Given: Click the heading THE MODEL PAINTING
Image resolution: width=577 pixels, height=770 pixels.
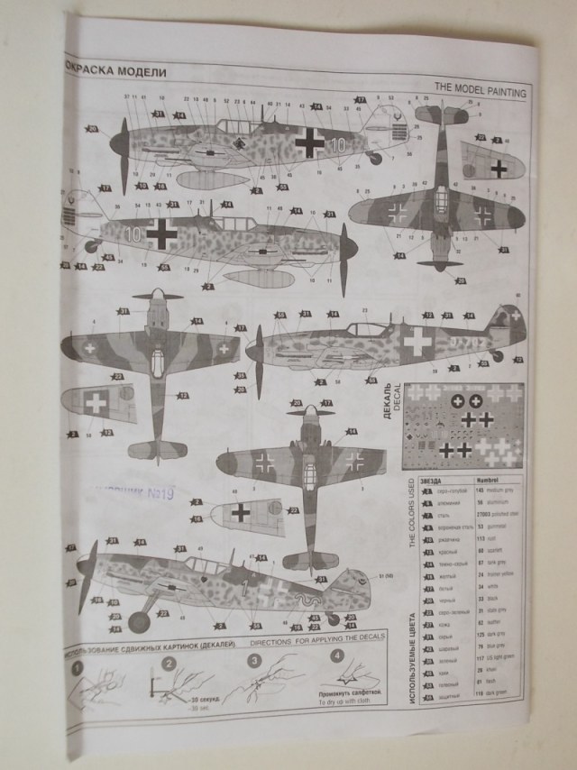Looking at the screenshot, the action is pyautogui.click(x=480, y=87).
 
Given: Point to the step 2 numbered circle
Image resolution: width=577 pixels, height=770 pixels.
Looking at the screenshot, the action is pyautogui.click(x=169, y=665).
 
